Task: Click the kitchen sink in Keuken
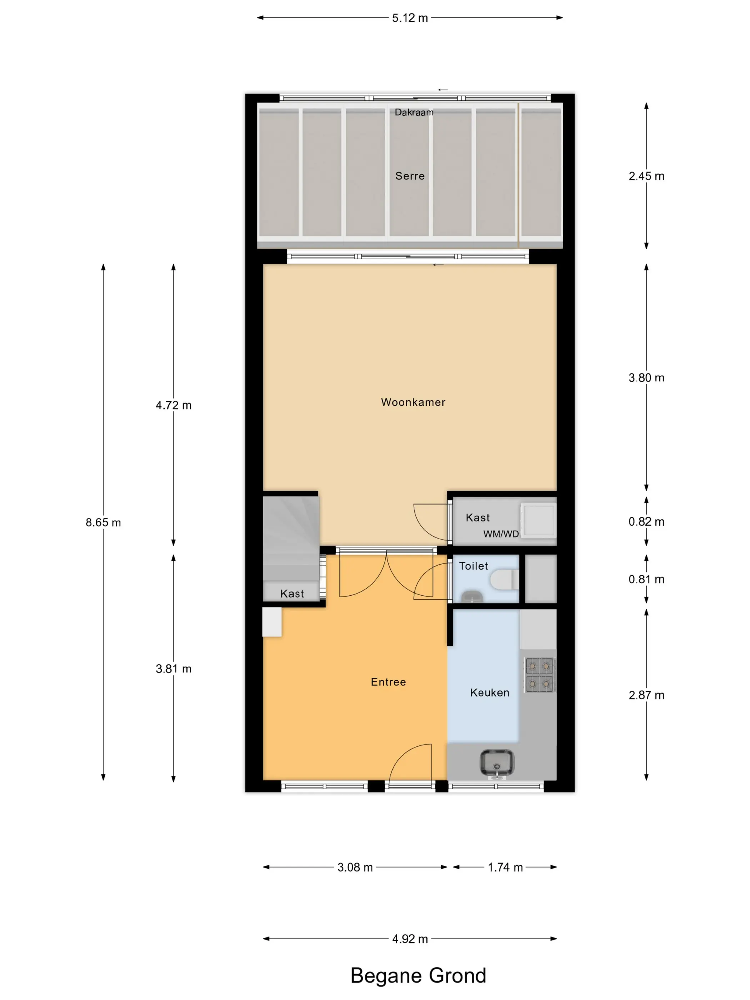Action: (x=497, y=764)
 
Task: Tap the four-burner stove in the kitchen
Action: (x=539, y=675)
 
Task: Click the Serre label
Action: (x=410, y=176)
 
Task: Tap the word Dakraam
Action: (x=414, y=112)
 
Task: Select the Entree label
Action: (x=388, y=682)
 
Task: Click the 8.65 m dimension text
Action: (x=104, y=522)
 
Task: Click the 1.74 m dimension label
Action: (x=505, y=867)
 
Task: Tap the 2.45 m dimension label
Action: (x=646, y=176)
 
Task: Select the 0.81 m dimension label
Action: (x=646, y=579)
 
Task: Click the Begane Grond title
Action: (x=418, y=975)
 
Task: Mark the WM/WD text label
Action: (x=501, y=534)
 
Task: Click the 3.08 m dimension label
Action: (x=355, y=867)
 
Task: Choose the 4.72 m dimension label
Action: (x=174, y=405)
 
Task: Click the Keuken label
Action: (x=490, y=692)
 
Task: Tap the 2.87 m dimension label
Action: (x=646, y=695)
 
